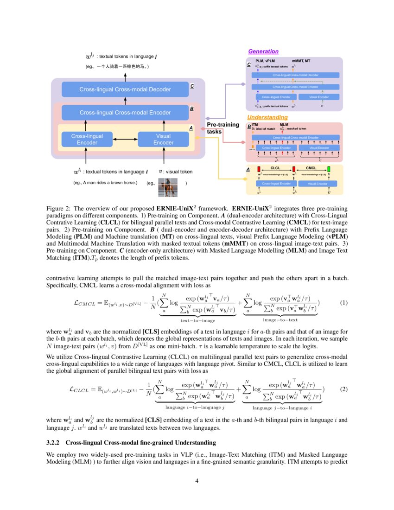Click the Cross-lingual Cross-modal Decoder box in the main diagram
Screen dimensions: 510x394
[x=125, y=89]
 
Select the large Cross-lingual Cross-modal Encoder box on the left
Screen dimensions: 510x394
[x=125, y=113]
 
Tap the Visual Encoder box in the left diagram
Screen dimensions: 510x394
[x=164, y=139]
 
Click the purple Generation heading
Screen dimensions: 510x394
[x=263, y=51]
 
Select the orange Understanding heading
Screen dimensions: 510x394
[x=267, y=117]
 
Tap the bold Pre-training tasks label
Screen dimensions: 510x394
[x=223, y=128]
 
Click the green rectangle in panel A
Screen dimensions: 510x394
[x=329, y=169]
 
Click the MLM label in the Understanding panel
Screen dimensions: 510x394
[x=284, y=125]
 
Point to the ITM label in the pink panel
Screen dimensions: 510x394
[x=254, y=125]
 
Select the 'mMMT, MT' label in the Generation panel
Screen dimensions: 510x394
[x=301, y=61]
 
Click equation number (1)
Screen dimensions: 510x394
[x=343, y=303]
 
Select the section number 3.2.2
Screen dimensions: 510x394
[x=55, y=442]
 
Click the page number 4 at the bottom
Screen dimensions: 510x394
[x=197, y=481]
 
